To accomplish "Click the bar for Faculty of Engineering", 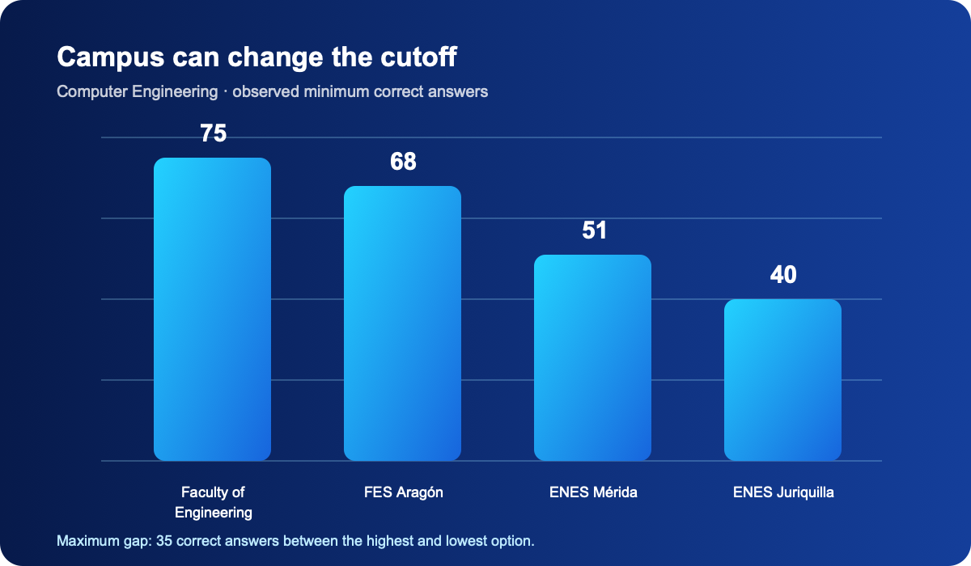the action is (212, 309).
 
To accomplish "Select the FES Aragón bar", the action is (402, 323).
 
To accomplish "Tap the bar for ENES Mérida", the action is (592, 357).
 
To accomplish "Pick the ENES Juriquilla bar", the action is (783, 380).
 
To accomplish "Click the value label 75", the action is (214, 133).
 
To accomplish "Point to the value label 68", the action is (403, 161).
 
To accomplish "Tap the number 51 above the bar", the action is (594, 230).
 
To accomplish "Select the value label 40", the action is (783, 275).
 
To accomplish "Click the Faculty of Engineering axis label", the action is (214, 502).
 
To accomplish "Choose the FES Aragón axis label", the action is (404, 492).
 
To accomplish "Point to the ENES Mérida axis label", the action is (593, 492).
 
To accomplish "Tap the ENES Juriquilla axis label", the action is (783, 492).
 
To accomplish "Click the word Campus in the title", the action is (111, 57).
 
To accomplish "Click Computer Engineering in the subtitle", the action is (137, 92).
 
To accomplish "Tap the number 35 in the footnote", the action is (164, 541).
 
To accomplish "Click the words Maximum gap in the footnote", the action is (104, 541).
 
